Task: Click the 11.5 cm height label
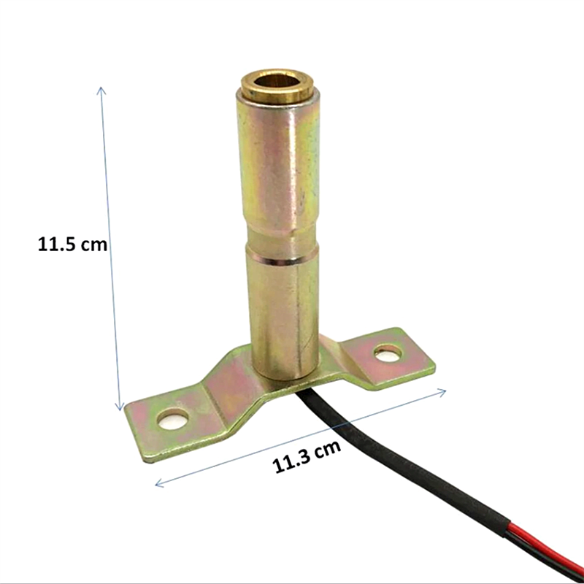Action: (72, 245)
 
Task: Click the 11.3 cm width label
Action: (307, 457)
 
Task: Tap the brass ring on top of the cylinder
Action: (277, 86)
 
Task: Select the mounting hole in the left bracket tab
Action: (172, 419)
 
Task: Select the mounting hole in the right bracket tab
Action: (388, 353)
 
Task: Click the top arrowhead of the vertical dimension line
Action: (101, 91)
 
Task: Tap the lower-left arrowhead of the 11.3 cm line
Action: (159, 483)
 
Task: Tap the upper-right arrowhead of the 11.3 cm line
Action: (442, 392)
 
